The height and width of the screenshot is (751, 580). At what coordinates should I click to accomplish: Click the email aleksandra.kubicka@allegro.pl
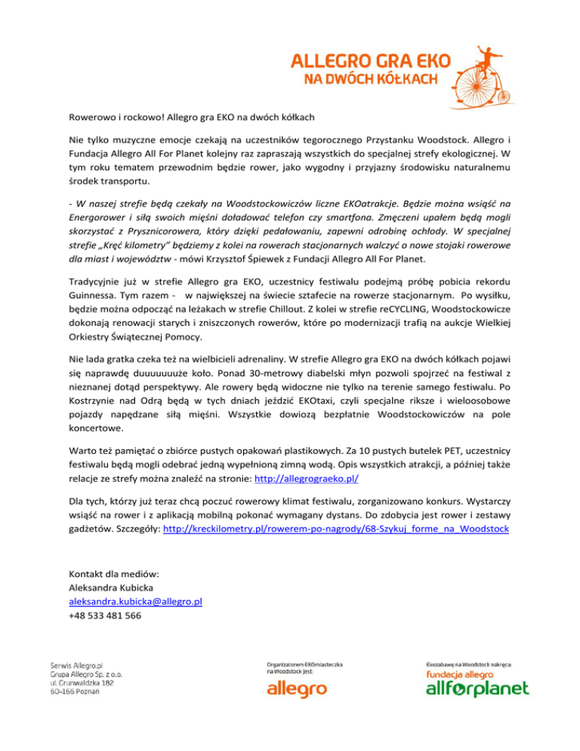point(134,601)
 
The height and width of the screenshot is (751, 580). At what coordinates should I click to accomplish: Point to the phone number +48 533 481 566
point(104,616)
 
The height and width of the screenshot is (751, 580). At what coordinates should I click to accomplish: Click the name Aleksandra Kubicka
point(113,587)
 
